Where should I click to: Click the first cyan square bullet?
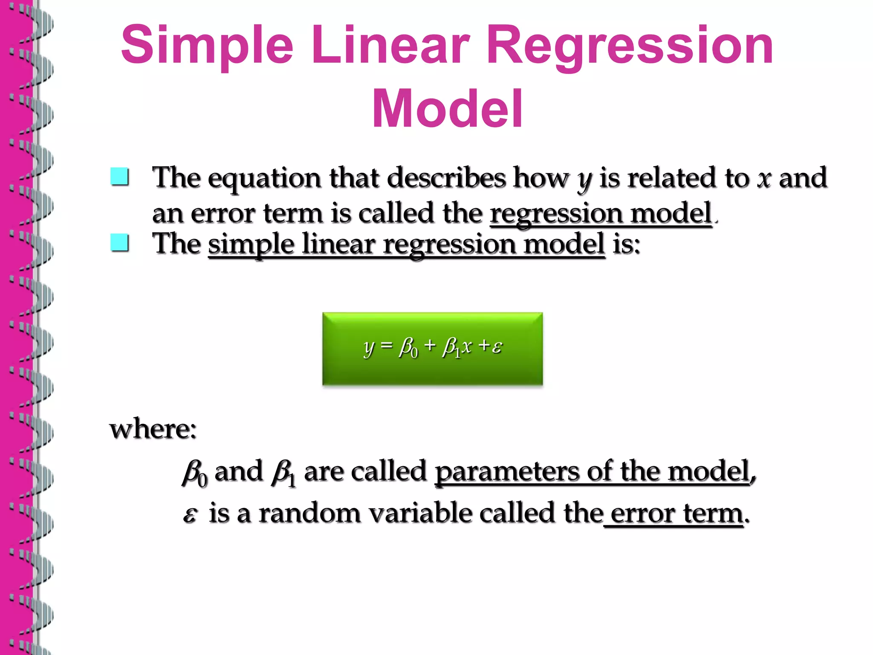pos(119,177)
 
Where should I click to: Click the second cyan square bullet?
pos(119,243)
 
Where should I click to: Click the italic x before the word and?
pos(764,178)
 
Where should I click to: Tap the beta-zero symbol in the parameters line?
pos(194,473)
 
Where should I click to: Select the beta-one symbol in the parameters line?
pos(283,473)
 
